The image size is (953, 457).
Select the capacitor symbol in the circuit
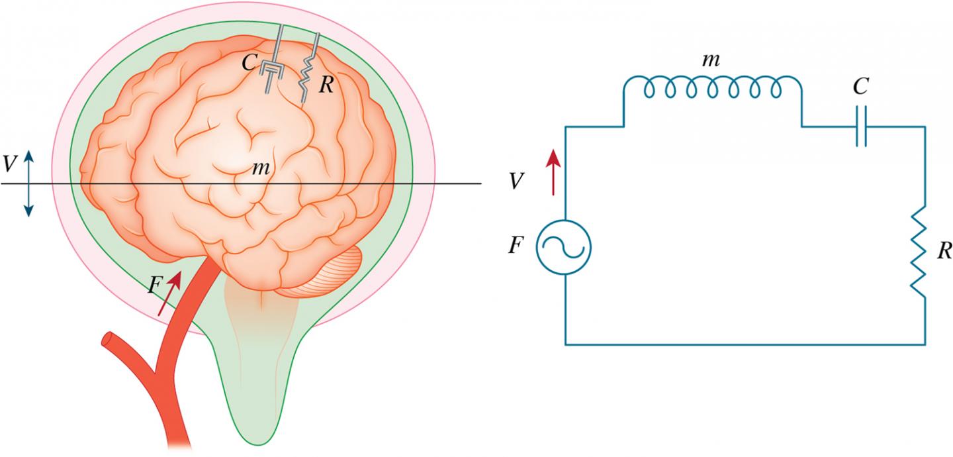pos(860,126)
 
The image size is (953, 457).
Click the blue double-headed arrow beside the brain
pos(28,183)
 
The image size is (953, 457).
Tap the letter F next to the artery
pos(154,285)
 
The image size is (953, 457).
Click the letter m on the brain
pos(259,170)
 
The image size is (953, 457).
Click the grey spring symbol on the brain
pos(308,70)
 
